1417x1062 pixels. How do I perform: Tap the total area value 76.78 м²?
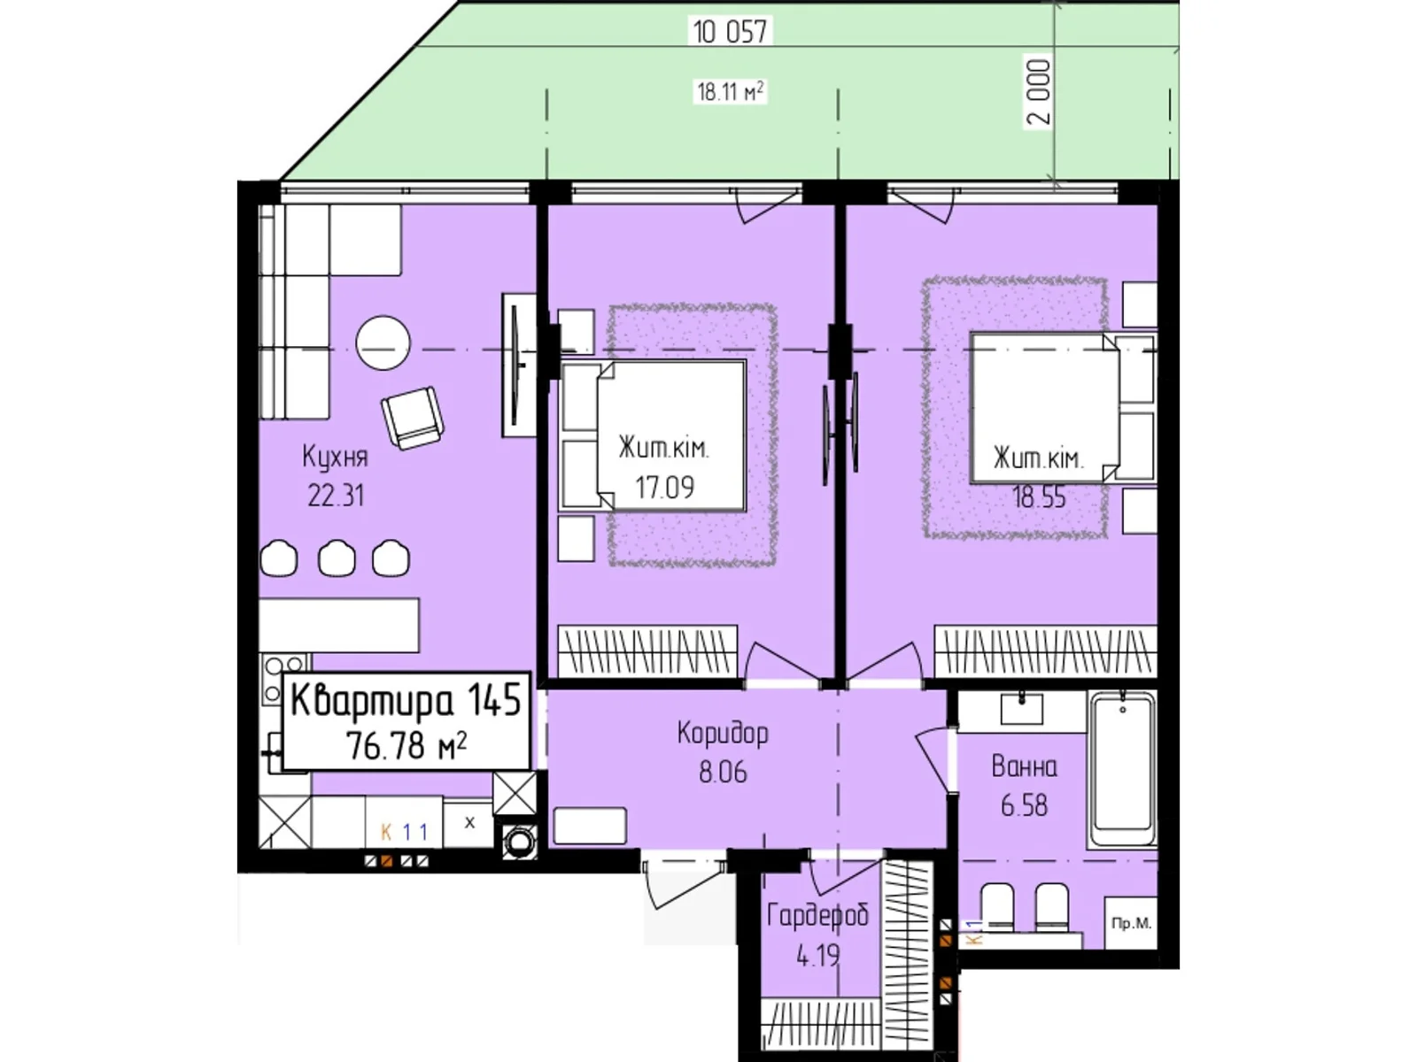point(406,745)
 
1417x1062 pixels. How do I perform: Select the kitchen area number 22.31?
point(336,496)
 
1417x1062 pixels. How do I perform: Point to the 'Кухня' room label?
point(335,458)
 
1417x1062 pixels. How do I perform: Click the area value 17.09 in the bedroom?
point(665,487)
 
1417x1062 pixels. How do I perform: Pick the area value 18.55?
point(1039,496)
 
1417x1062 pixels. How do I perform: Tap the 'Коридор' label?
point(723,734)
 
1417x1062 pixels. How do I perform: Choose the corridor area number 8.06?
point(723,771)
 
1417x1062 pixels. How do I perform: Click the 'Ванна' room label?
point(1025,766)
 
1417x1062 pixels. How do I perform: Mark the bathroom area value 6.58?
point(1025,805)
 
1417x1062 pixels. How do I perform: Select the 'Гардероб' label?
point(818,916)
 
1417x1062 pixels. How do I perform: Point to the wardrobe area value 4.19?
point(818,955)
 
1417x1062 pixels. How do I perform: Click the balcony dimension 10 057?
point(730,31)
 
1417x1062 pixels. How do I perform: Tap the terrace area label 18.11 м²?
point(731,91)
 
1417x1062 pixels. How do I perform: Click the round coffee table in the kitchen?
point(383,342)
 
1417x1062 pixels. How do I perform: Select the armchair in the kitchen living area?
point(414,417)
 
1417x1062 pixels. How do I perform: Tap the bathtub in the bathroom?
point(1123,770)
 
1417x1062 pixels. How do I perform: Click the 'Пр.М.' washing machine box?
point(1131,923)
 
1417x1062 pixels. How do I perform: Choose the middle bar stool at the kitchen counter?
point(337,558)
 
